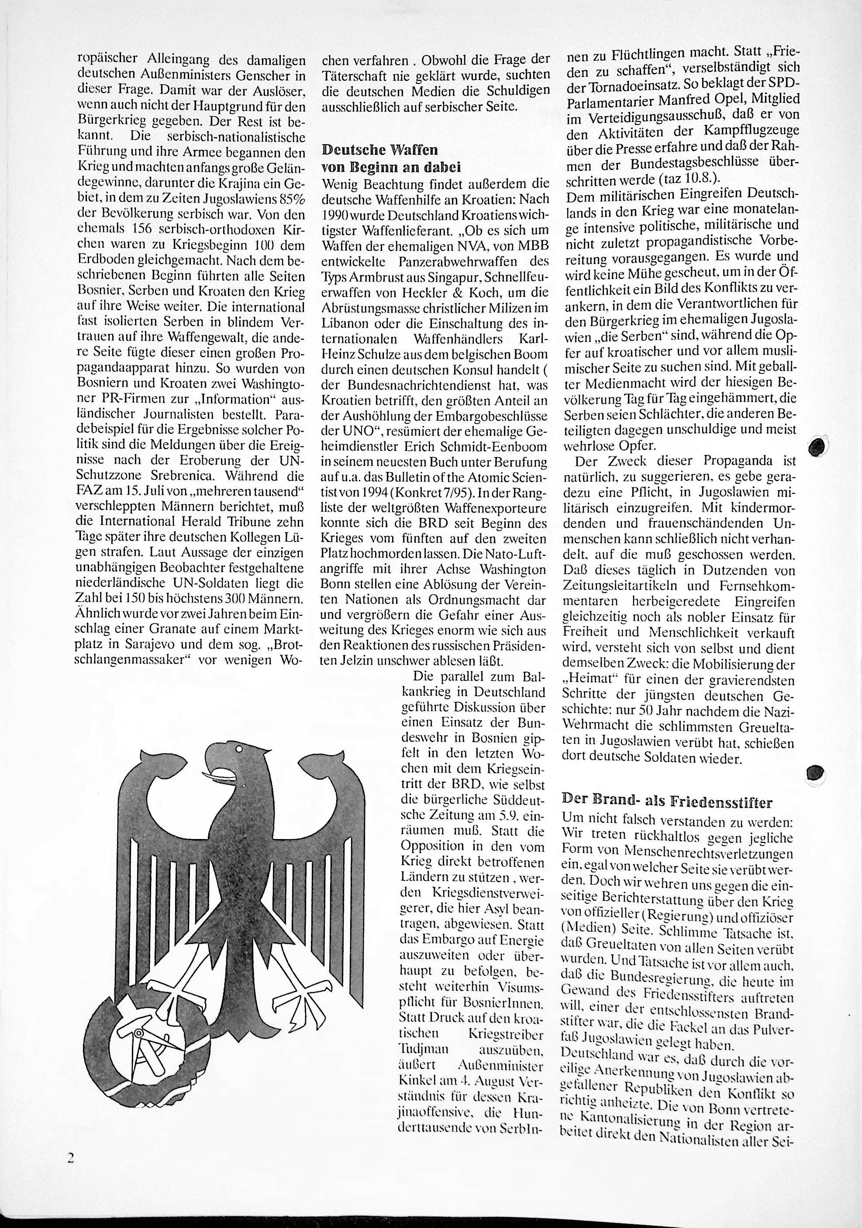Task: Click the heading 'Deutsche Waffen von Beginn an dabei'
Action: click(392, 159)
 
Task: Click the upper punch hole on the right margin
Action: click(817, 445)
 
